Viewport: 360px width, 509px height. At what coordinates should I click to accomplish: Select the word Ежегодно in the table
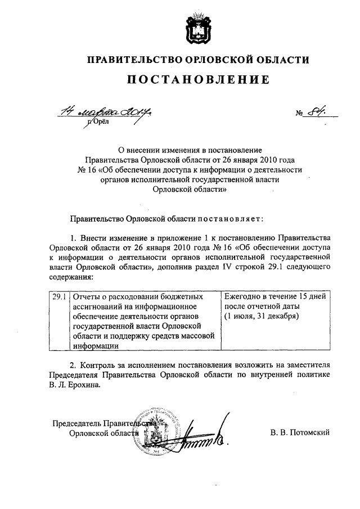click(x=242, y=295)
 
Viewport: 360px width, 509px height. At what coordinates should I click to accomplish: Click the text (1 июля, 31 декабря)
click(x=261, y=316)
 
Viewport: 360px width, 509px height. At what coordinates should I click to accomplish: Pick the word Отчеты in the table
click(x=84, y=295)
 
